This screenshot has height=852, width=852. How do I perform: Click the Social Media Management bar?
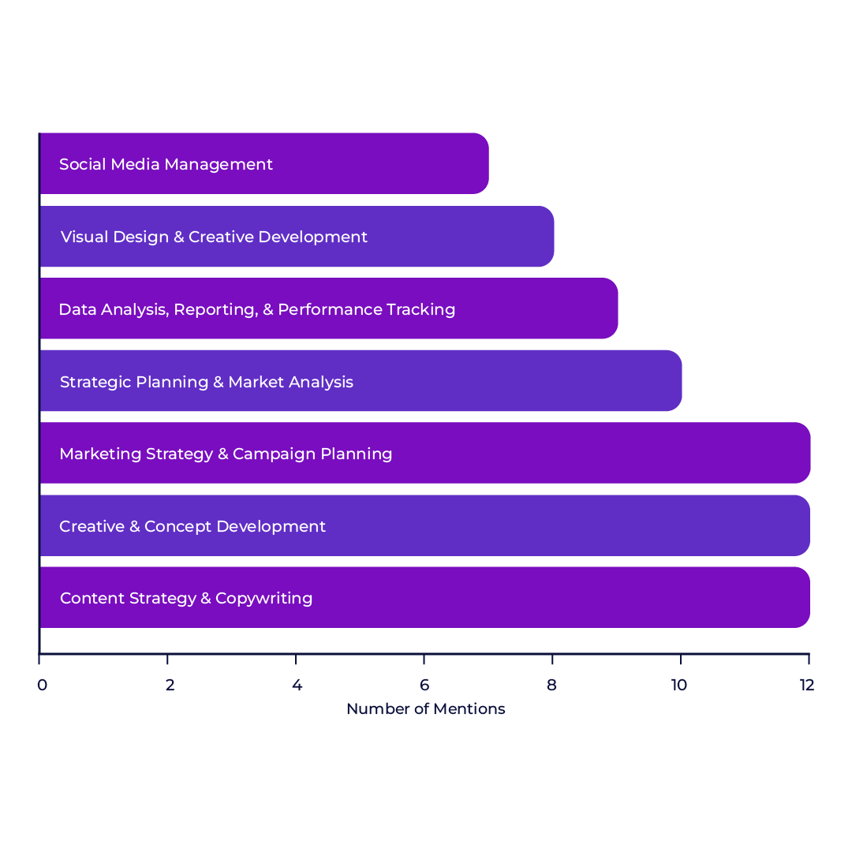pos(264,163)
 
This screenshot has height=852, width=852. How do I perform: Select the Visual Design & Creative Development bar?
pos(297,237)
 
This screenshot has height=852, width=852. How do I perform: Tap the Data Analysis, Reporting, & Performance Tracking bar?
pos(329,308)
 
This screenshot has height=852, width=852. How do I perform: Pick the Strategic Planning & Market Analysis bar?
pos(361,381)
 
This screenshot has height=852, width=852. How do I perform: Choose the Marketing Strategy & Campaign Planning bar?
pos(424,453)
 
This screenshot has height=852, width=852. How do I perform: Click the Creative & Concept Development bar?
pos(424,525)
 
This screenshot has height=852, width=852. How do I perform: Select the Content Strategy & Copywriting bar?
pos(424,597)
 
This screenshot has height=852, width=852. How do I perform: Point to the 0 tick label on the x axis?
pos(41,685)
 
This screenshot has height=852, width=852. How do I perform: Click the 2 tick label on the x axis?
pos(170,685)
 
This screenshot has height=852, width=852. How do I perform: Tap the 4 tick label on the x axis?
pos(297,685)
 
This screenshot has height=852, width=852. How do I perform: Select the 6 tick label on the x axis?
pos(424,685)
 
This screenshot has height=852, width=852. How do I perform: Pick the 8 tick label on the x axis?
pos(552,685)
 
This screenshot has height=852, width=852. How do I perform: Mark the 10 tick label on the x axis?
pos(679,685)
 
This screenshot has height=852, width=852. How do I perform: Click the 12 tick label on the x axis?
pos(806,685)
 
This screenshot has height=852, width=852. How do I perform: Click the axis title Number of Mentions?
pos(425,709)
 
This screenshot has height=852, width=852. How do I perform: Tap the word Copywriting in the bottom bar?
pos(263,599)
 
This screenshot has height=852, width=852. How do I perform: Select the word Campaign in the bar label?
pos(269,454)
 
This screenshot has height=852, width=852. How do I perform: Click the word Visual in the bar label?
pos(84,237)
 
